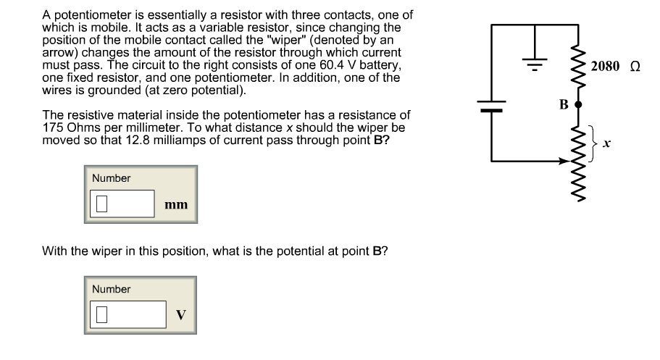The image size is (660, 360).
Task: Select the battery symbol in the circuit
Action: [491, 107]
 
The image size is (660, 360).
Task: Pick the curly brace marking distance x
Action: [596, 143]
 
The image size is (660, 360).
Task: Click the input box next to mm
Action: [122, 204]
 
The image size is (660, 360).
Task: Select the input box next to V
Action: [128, 314]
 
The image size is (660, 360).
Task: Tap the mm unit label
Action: [176, 205]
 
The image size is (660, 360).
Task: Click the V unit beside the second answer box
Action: [180, 315]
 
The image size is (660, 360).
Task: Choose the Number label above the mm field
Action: [111, 178]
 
